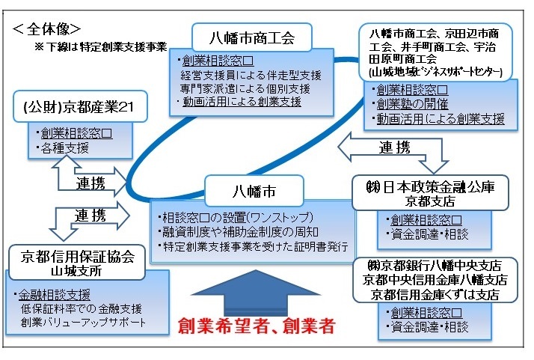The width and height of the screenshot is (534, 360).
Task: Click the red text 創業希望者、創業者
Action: [255, 326]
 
